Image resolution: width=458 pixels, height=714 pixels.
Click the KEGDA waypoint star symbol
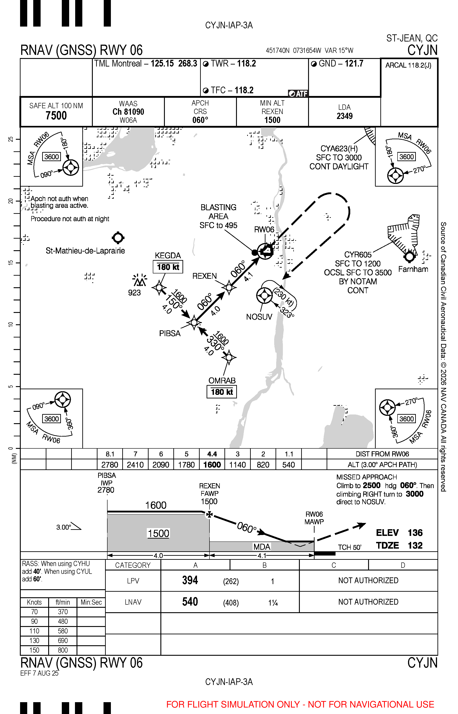pyautogui.click(x=159, y=288)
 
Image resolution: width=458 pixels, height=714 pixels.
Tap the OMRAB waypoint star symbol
pyautogui.click(x=229, y=357)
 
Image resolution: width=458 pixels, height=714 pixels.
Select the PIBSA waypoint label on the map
pyautogui.click(x=170, y=333)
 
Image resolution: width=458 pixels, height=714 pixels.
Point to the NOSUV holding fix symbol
pyautogui.click(x=264, y=296)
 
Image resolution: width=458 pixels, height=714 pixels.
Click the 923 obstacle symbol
pyautogui.click(x=139, y=281)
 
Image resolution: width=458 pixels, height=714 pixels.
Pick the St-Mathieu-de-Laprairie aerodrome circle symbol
pyautogui.click(x=118, y=238)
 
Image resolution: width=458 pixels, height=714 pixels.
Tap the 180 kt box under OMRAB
pyautogui.click(x=222, y=392)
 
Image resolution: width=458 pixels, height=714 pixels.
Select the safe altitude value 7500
pyautogui.click(x=56, y=115)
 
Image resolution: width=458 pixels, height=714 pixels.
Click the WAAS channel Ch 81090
pyautogui.click(x=128, y=112)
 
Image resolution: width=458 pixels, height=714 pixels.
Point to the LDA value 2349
pyautogui.click(x=344, y=116)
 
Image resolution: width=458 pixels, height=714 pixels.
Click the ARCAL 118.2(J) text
pyautogui.click(x=408, y=65)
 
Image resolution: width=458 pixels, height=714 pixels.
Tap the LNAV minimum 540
pyautogui.click(x=190, y=602)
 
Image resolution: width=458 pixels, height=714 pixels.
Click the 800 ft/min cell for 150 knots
pyautogui.click(x=63, y=650)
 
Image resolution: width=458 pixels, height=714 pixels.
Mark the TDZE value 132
pyautogui.click(x=415, y=545)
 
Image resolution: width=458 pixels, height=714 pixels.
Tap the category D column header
pyautogui.click(x=403, y=565)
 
